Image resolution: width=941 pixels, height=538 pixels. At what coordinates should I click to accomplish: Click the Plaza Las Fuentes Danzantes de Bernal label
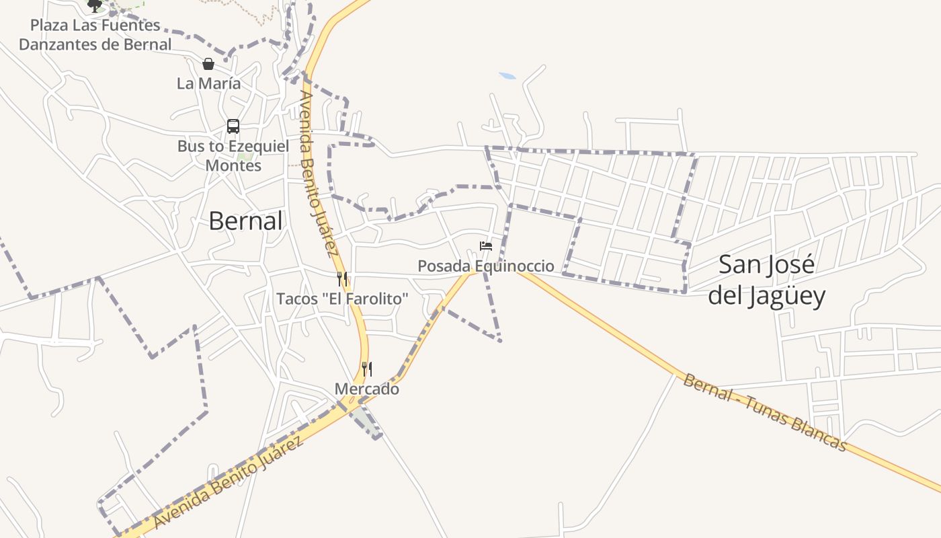point(95,35)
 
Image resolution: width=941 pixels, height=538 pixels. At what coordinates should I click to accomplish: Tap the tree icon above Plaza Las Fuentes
point(95,5)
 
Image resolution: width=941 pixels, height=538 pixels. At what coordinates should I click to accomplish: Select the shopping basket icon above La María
point(208,64)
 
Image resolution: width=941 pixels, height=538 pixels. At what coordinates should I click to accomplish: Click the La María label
point(208,83)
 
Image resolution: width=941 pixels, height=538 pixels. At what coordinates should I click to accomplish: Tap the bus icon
point(233,126)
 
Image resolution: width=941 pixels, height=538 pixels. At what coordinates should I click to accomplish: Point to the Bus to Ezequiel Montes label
point(233,155)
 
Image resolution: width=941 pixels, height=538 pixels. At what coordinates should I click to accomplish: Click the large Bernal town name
point(245,221)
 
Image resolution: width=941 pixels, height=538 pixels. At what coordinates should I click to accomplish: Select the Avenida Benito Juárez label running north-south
point(317,174)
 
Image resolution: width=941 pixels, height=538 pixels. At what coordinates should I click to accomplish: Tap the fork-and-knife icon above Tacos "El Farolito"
point(342,278)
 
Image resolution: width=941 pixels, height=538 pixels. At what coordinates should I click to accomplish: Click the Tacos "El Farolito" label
point(342,299)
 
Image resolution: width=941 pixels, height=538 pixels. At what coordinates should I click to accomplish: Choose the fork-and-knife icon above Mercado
point(366,369)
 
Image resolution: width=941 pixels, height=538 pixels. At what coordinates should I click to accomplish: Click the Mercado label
point(366,389)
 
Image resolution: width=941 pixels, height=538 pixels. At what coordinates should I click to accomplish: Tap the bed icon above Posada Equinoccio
point(486,245)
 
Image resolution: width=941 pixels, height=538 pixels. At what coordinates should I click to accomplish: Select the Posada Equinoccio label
point(486,266)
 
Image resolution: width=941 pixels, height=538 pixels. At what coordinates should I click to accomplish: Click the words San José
point(766,264)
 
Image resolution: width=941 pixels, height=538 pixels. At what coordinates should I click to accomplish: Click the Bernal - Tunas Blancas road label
point(764,412)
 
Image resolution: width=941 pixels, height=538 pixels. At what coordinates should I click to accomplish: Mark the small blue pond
point(507,76)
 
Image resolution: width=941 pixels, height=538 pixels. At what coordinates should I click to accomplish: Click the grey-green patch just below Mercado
point(364,420)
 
